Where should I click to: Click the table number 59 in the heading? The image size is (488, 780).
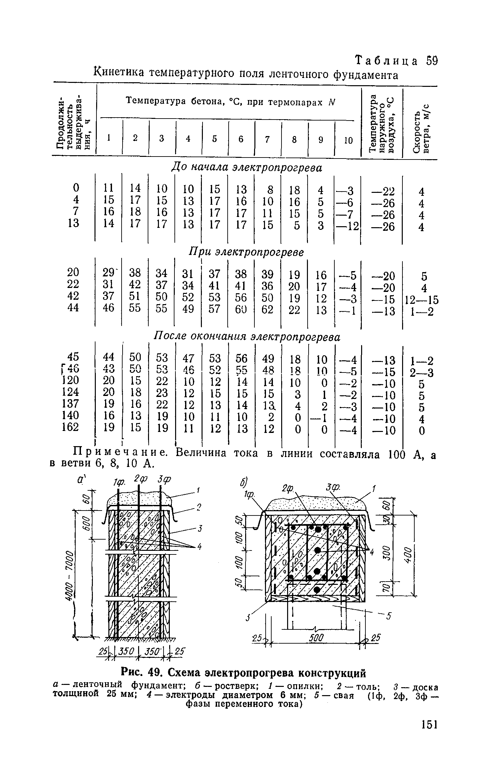click(432, 61)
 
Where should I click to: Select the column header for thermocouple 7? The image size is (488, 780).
click(267, 139)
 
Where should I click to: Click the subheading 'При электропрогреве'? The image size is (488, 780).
click(246, 252)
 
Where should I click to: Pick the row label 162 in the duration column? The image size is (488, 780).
click(70, 427)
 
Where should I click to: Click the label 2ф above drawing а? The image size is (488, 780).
click(139, 479)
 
